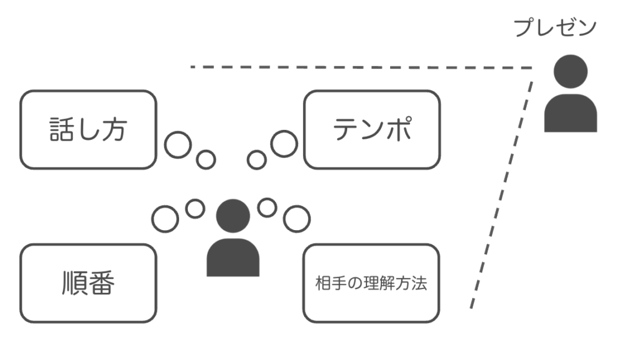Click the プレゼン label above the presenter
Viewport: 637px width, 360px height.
pyautogui.click(x=555, y=28)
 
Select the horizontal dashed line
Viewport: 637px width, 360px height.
pyautogui.click(x=361, y=67)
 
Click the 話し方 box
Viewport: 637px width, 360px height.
pyautogui.click(x=88, y=129)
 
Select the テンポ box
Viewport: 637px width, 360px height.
pyautogui.click(x=371, y=129)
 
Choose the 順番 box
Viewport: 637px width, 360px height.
pyautogui.click(x=88, y=283)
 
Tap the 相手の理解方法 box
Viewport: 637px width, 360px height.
pyautogui.click(x=371, y=283)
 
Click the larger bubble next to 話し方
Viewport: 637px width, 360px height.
pyautogui.click(x=177, y=144)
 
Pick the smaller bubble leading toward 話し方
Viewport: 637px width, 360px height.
pyautogui.click(x=205, y=159)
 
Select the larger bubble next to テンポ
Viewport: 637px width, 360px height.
pyautogui.click(x=284, y=144)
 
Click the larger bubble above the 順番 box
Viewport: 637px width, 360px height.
pyautogui.click(x=164, y=218)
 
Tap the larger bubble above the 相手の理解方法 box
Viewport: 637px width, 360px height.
pyautogui.click(x=296, y=218)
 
